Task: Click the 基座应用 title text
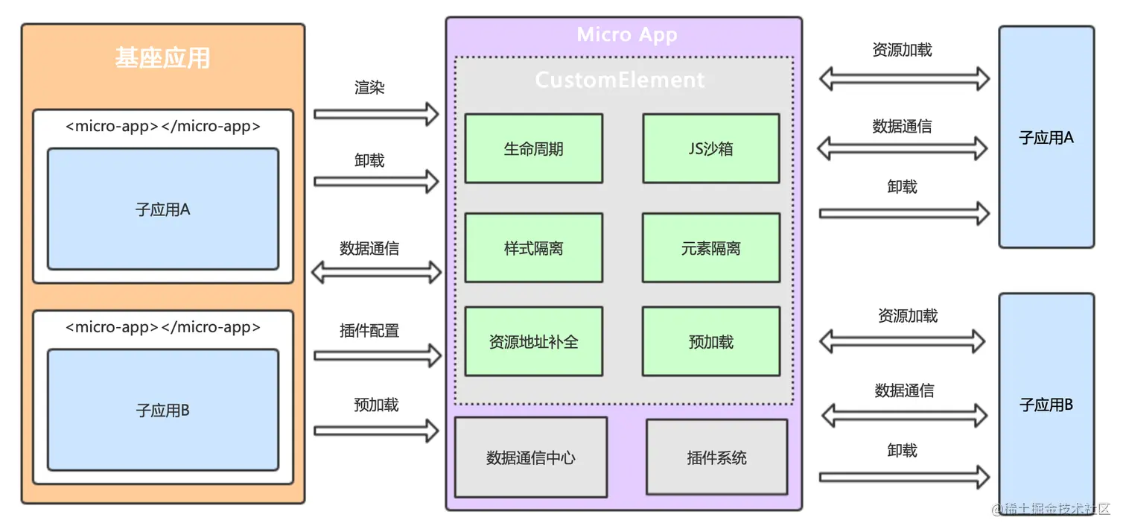[162, 58]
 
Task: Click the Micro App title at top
[626, 35]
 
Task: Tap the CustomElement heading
[620, 80]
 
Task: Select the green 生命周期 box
[533, 148]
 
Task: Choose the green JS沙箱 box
[710, 148]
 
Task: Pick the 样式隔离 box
[533, 247]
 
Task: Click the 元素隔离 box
[710, 247]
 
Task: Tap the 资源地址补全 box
[533, 341]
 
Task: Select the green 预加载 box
[710, 341]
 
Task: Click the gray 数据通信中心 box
[530, 457]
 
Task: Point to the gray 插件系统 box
[716, 457]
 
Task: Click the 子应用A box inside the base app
[162, 209]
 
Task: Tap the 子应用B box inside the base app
[162, 410]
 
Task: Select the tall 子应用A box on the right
[1046, 137]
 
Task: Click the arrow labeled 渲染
[376, 114]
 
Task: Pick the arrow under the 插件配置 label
[376, 355]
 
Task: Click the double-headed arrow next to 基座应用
[376, 273]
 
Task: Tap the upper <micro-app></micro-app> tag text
[162, 126]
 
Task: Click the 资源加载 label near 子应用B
[907, 316]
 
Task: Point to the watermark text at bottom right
[1057, 509]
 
